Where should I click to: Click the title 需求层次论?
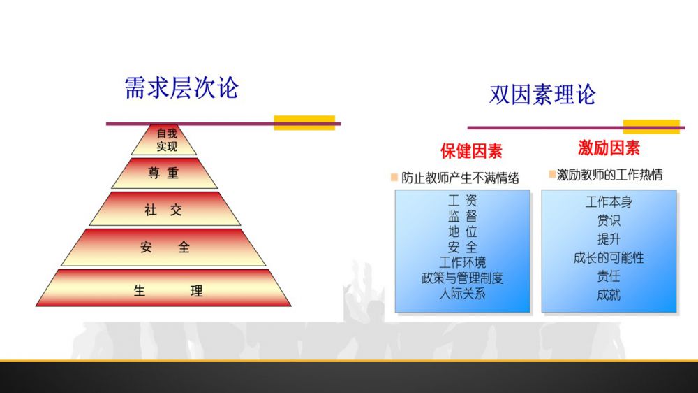coord(181,87)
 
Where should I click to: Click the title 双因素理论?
coord(542,94)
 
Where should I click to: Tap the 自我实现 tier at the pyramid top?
coord(164,140)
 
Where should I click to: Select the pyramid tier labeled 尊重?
coord(164,173)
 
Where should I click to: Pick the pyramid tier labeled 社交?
coord(165,209)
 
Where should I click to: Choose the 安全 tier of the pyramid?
coord(164,247)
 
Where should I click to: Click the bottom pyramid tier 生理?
coord(163,287)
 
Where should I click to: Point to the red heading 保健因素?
coord(471,151)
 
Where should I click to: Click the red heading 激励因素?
coord(609,148)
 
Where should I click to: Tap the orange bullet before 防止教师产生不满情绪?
coord(394,178)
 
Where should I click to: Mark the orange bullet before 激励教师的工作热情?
coord(552,174)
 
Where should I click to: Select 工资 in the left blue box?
coord(463,201)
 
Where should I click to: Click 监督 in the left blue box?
coord(463,216)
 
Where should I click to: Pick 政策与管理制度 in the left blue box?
coord(463,278)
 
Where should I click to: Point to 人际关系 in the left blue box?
coord(463,294)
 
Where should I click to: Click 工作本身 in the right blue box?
coord(609,202)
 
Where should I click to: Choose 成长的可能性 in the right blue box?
coord(609,257)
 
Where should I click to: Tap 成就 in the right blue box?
coord(609,294)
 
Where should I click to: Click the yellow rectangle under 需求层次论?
coord(304,122)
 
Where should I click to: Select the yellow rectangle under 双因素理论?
coord(651,127)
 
